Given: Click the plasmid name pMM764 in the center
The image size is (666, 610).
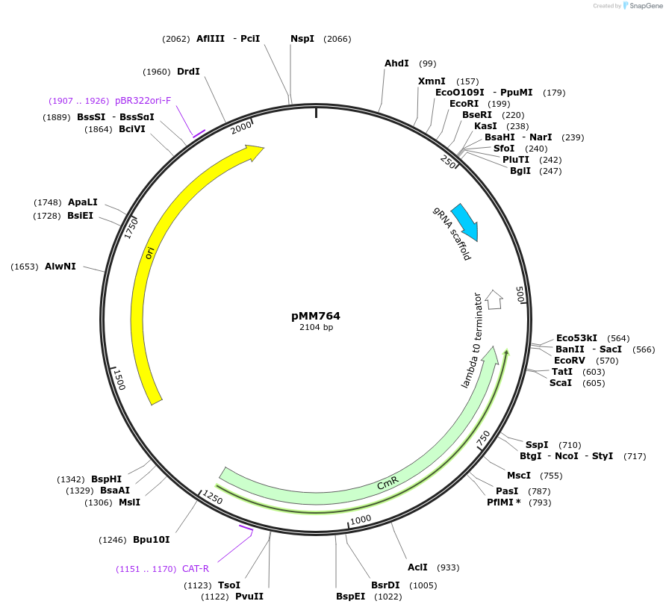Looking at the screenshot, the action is coord(316,316).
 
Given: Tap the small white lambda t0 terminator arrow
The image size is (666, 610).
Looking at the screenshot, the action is coord(494,299).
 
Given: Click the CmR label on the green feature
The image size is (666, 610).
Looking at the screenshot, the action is coord(388,485).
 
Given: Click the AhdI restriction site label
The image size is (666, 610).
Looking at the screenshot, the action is coord(396,63).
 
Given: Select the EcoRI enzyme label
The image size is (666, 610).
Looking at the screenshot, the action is coord(464,104).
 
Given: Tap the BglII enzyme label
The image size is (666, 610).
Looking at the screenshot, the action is coord(520,171).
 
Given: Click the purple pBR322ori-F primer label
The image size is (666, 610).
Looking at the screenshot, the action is coord(143,101).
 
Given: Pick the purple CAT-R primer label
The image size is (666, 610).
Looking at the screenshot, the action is coord(196,569).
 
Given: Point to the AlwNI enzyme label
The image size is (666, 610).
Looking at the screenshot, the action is coord(60,267).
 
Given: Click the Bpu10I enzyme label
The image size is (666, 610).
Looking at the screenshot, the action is coord(152,540).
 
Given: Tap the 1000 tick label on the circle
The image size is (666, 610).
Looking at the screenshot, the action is coord(361,519).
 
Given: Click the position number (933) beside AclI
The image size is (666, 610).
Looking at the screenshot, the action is coord(448,567).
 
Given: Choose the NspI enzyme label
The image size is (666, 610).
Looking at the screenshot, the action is coord(302,39).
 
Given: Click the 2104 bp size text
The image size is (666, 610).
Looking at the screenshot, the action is coord(316,327).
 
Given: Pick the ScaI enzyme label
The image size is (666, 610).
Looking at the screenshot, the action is coord(561,383).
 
